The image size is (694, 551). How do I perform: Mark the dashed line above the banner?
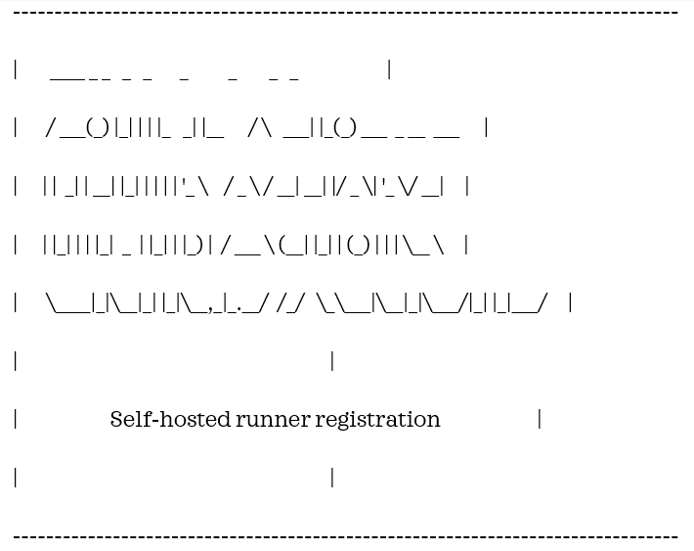pyautogui.click(x=346, y=13)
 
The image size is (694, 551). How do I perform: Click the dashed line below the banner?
pyautogui.click(x=346, y=536)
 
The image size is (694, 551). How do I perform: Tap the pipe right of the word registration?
pyautogui.click(x=539, y=420)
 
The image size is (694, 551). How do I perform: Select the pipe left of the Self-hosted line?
pyautogui.click(x=16, y=420)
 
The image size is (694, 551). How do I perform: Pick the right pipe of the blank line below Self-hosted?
pyautogui.click(x=332, y=478)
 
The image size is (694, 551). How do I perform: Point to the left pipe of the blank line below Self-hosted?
pyautogui.click(x=16, y=478)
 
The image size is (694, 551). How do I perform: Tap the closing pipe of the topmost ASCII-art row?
pyautogui.click(x=389, y=69)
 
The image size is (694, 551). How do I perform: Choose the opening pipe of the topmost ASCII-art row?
pyautogui.click(x=16, y=69)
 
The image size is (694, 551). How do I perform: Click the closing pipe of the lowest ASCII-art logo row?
pyautogui.click(x=570, y=303)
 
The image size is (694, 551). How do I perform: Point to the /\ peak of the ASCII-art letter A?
pyautogui.click(x=261, y=128)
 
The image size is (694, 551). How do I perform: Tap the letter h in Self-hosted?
pyautogui.click(x=160, y=419)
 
